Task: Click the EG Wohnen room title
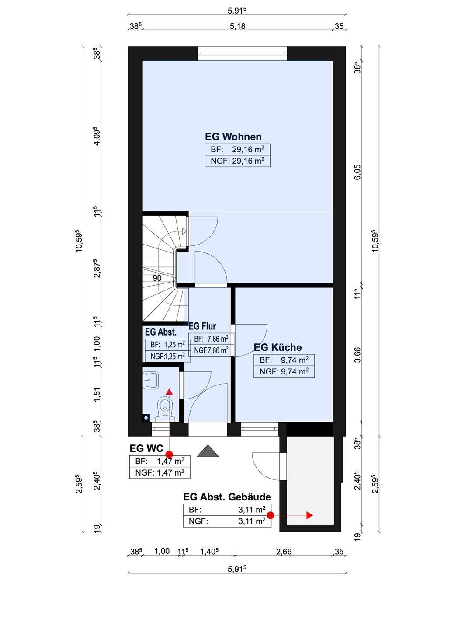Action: click(233, 136)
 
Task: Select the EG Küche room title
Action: click(278, 347)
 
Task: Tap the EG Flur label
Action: click(202, 326)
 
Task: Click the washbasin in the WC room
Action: click(151, 380)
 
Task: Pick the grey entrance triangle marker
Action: click(208, 451)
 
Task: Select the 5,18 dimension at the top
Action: click(237, 26)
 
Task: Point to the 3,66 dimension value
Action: click(357, 355)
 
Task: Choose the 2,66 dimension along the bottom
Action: click(284, 552)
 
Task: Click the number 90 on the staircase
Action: click(157, 278)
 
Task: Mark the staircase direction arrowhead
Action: click(184, 231)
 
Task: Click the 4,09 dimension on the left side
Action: click(97, 137)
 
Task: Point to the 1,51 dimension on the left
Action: click(97, 396)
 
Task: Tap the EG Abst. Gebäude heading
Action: click(227, 497)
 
